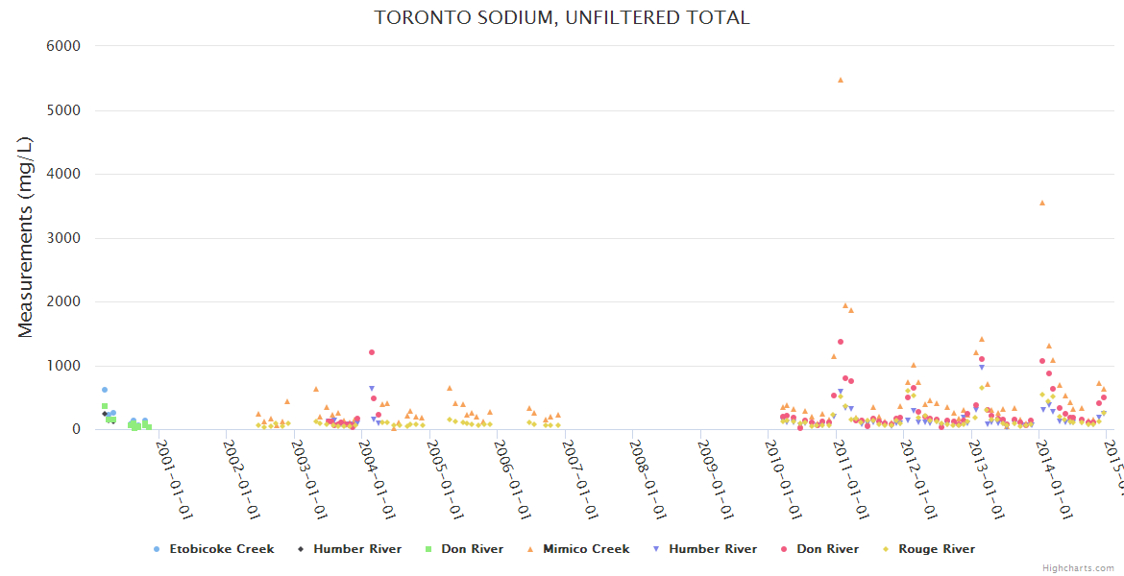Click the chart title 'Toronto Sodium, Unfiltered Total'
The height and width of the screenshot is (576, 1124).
562,17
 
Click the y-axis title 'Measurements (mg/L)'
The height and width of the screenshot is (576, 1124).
25,237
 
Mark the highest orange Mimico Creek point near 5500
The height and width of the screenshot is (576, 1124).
841,80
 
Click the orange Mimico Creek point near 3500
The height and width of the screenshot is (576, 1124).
1042,203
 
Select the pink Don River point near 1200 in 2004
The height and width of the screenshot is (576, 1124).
372,352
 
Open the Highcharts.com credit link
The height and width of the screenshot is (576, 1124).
1078,567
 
